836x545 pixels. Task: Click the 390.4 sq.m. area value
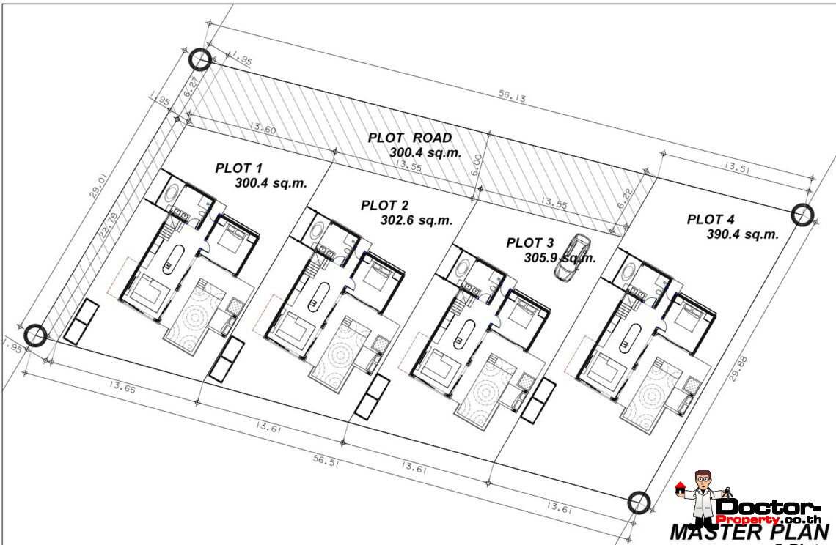pos(742,234)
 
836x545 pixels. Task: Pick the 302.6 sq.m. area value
pos(416,220)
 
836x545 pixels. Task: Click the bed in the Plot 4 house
pos(694,316)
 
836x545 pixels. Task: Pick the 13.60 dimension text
pos(263,128)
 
